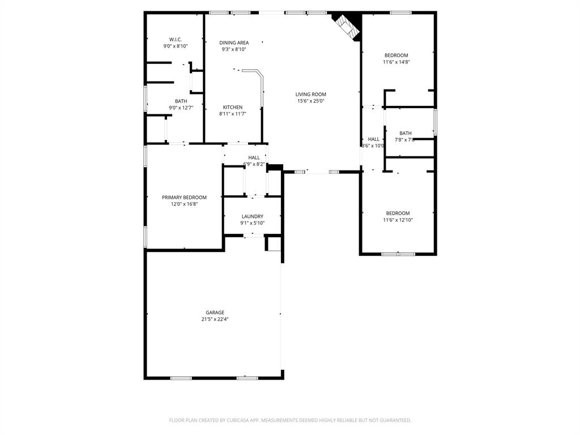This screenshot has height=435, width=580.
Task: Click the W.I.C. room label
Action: pyautogui.click(x=175, y=39)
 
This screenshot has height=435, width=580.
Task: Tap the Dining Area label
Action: pyautogui.click(x=234, y=42)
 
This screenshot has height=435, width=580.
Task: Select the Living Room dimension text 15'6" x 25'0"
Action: pyautogui.click(x=311, y=101)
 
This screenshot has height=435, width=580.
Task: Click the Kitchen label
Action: pyautogui.click(x=232, y=107)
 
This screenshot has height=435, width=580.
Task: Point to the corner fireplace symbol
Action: pyautogui.click(x=347, y=27)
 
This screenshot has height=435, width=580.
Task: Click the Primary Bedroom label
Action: pyautogui.click(x=184, y=197)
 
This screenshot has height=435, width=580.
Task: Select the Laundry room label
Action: pyautogui.click(x=252, y=216)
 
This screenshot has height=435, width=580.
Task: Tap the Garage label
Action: pyautogui.click(x=215, y=312)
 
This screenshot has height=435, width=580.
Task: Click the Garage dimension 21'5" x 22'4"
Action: pyautogui.click(x=215, y=319)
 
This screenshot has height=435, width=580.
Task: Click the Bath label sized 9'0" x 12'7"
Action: pyautogui.click(x=181, y=101)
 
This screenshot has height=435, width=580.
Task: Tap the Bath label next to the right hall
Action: pyautogui.click(x=405, y=133)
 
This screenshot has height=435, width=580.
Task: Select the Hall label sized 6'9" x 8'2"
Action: pyautogui.click(x=254, y=157)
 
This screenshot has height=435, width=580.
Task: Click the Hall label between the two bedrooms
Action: pyautogui.click(x=373, y=139)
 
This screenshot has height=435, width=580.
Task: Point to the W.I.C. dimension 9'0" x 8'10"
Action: pyautogui.click(x=175, y=46)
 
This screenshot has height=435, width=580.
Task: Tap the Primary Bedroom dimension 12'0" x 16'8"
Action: pyautogui.click(x=184, y=204)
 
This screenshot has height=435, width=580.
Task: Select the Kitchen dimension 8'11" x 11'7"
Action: pyautogui.click(x=232, y=114)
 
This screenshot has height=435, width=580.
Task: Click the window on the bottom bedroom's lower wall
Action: pyautogui.click(x=398, y=254)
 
